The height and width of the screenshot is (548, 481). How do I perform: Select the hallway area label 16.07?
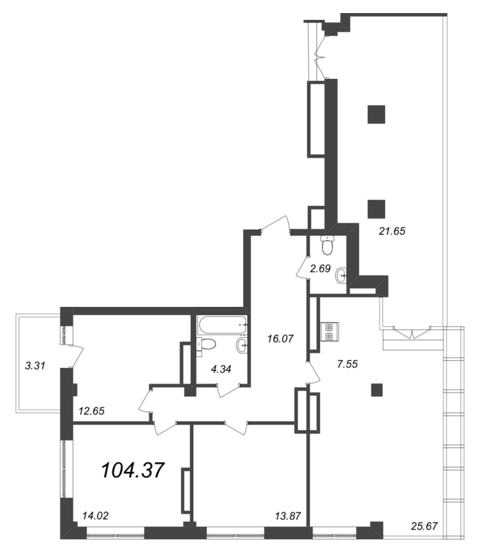pyautogui.click(x=282, y=338)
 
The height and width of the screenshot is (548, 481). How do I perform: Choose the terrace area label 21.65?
pyautogui.click(x=393, y=231)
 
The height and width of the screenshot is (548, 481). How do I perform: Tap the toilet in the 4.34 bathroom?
pyautogui.click(x=208, y=344)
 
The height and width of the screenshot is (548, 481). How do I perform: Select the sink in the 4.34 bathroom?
pyautogui.click(x=241, y=344)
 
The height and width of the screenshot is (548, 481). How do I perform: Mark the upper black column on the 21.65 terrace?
pyautogui.click(x=376, y=114)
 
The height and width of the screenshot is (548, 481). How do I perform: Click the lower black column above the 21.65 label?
pyautogui.click(x=376, y=208)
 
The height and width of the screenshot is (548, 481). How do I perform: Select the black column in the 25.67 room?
pyautogui.click(x=376, y=390)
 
